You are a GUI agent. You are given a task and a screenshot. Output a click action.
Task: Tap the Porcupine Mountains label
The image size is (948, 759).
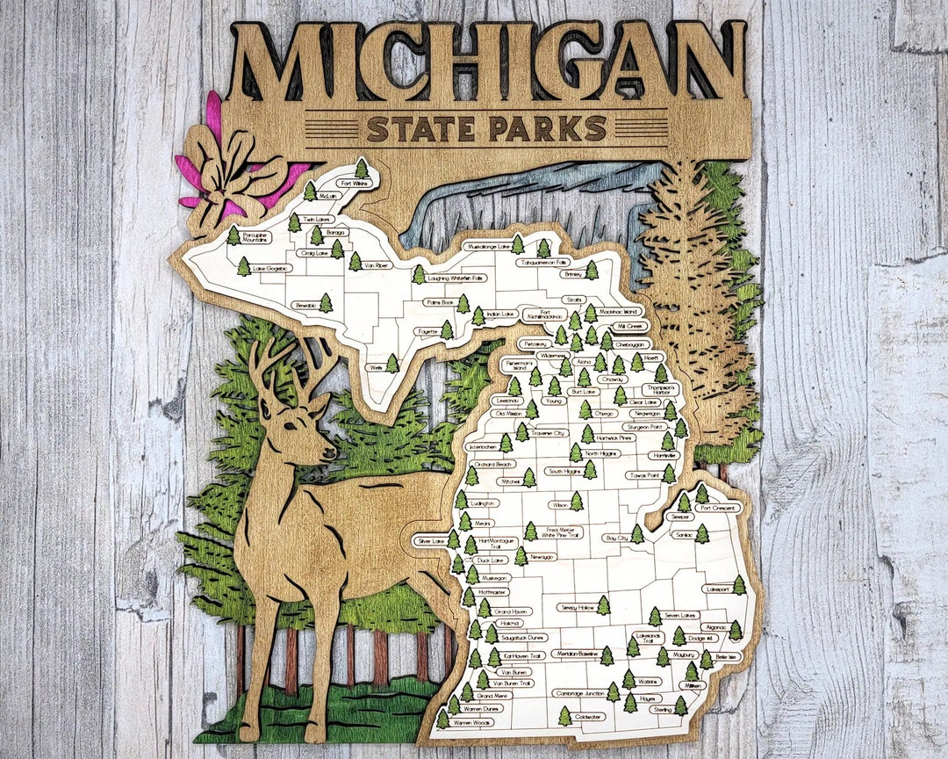pos(255,235)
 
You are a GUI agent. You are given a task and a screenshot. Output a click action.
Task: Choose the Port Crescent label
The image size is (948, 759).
pos(715,507)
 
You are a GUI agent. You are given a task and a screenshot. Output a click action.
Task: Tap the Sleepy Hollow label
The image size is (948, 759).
pos(577,606)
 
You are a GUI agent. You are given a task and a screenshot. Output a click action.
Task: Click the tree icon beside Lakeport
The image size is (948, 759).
pos(739,585)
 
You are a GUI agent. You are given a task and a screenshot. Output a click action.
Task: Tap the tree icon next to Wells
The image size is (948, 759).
pos(392,363)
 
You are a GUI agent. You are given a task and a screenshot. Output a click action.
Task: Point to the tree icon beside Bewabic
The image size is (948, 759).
pos(326,303)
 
